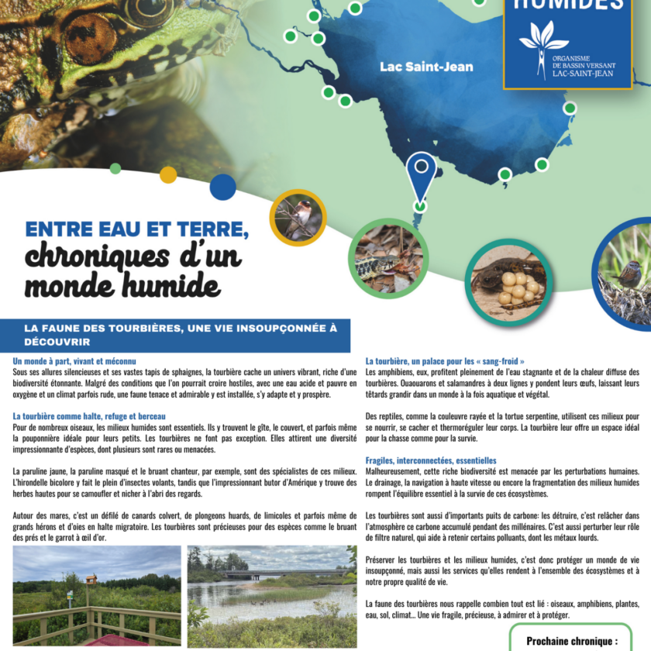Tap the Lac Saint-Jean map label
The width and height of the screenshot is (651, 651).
426,67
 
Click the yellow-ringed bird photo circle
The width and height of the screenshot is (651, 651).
298,218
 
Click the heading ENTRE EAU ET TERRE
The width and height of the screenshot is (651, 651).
137,230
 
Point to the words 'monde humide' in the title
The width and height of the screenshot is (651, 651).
122,285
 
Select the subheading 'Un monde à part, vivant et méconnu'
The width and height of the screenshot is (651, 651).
74,361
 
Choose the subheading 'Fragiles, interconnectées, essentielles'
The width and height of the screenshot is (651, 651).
431,460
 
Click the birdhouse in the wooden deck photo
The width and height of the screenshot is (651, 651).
91,579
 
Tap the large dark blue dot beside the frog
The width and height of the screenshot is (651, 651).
222,187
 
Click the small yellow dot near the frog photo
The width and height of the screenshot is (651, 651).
168,174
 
